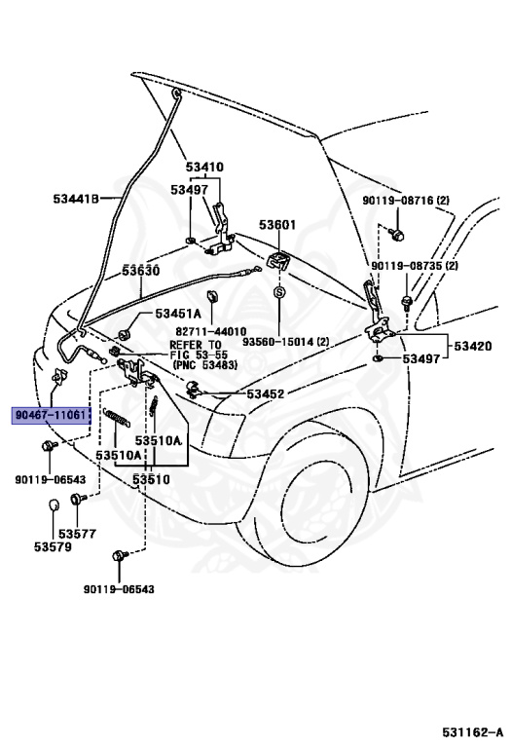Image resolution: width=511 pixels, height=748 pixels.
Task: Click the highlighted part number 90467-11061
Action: (52, 414)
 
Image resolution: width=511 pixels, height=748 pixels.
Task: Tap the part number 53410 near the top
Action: (205, 167)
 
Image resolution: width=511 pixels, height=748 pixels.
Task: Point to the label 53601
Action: (277, 225)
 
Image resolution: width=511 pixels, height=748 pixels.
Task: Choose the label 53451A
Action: (178, 314)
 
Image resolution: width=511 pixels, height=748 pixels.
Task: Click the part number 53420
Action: (472, 346)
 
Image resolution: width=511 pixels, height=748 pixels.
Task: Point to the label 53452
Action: (265, 393)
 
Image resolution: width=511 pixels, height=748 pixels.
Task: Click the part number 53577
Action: (77, 533)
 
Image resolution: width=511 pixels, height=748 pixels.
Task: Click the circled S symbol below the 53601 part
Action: (278, 292)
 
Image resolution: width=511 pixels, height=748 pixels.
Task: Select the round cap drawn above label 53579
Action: (55, 505)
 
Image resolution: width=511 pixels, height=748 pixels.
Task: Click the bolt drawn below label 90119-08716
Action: (397, 233)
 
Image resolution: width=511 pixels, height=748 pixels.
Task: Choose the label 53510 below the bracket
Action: (151, 479)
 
